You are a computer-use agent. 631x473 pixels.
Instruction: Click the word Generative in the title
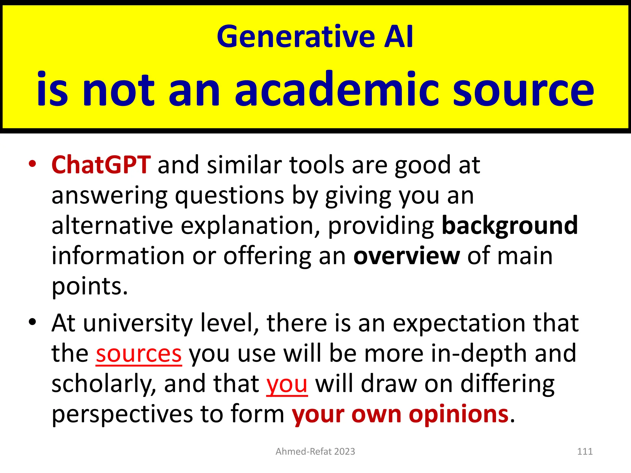pyautogui.click(x=296, y=37)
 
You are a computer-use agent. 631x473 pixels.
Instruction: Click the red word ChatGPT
pyautogui.click(x=101, y=165)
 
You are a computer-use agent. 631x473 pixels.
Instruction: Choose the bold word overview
pyautogui.click(x=406, y=256)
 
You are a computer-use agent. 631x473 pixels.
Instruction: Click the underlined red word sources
pyautogui.click(x=139, y=354)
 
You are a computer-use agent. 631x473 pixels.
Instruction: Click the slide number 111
pyautogui.click(x=585, y=451)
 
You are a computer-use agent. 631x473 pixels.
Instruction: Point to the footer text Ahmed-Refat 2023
pyautogui.click(x=315, y=451)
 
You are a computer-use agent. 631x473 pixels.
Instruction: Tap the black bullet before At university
pyautogui.click(x=32, y=322)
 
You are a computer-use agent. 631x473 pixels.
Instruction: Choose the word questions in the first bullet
pyautogui.click(x=230, y=196)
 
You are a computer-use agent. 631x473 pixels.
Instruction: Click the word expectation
pyautogui.click(x=459, y=324)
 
